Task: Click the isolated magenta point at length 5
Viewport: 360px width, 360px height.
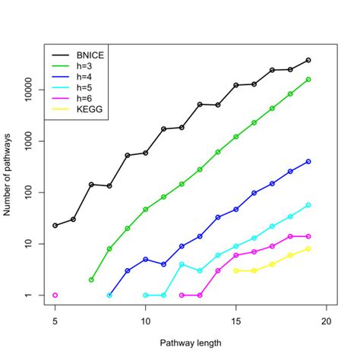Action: pos(55,295)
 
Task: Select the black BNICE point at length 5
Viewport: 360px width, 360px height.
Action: pos(55,226)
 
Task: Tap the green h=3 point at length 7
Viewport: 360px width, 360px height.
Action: pos(91,279)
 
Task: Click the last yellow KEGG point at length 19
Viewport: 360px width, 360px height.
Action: pos(308,248)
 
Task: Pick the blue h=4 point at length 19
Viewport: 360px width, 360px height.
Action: pos(308,162)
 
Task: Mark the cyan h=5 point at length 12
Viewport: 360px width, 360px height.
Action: pos(182,264)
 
